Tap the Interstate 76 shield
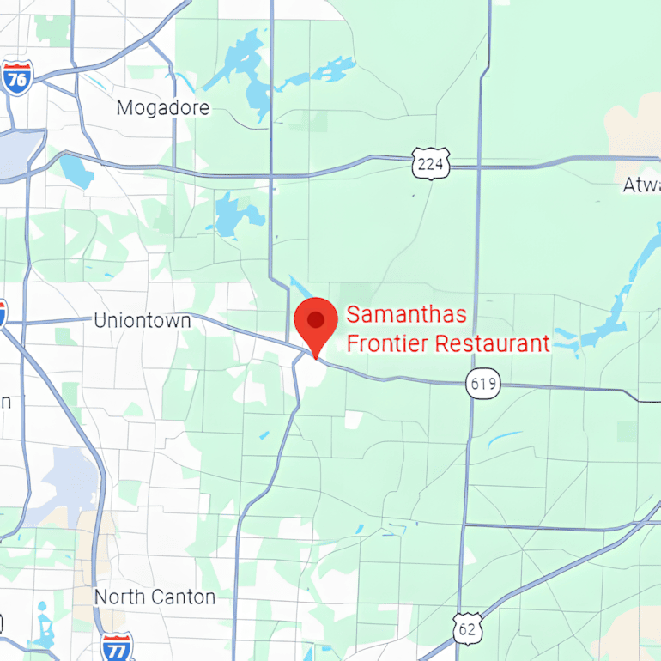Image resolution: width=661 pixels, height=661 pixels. coord(17,77)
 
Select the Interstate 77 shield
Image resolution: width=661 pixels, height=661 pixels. coord(117,646)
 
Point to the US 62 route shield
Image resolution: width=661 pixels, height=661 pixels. coord(468,629)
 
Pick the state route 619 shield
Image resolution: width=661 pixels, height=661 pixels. coord(484,383)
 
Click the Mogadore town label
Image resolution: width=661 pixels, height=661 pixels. coord(163,108)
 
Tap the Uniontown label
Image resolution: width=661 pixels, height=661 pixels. coord(142,321)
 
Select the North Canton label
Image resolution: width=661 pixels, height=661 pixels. coord(155,597)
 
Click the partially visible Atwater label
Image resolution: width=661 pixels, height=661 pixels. coord(641,185)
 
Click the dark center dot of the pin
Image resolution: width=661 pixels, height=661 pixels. coord(316,319)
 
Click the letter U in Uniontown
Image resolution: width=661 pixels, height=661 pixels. coord(100,321)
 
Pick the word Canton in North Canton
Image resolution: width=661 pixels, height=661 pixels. coord(184,597)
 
